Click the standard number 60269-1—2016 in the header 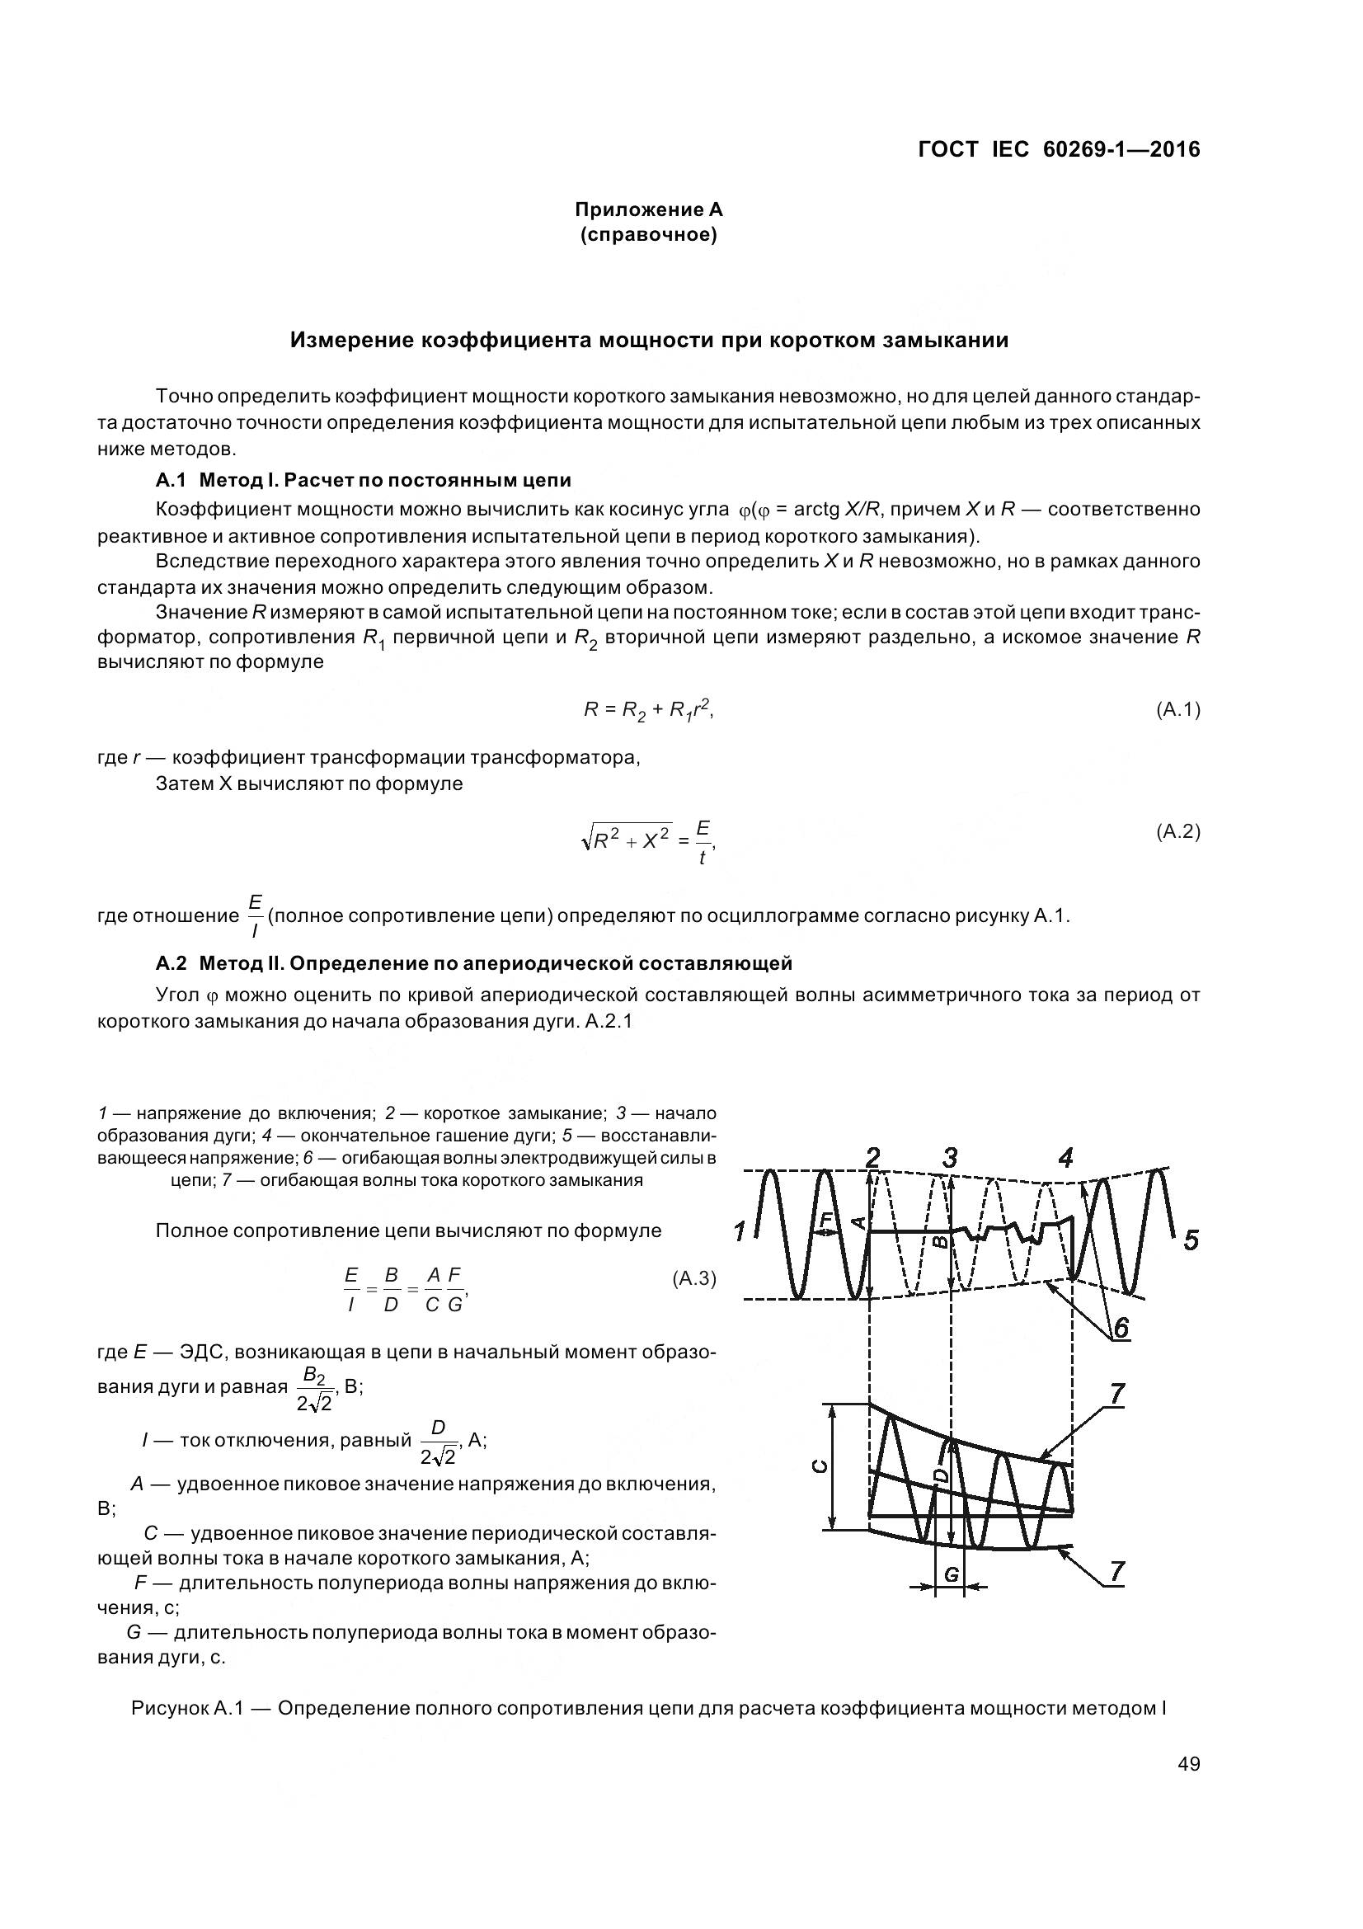pos(1121,149)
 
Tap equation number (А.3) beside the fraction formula pos(693,1279)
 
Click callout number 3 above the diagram pos(950,1159)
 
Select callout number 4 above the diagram pos(1065,1159)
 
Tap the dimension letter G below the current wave pos(951,1574)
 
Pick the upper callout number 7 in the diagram pos(1117,1394)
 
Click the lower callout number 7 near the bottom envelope pos(1117,1570)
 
